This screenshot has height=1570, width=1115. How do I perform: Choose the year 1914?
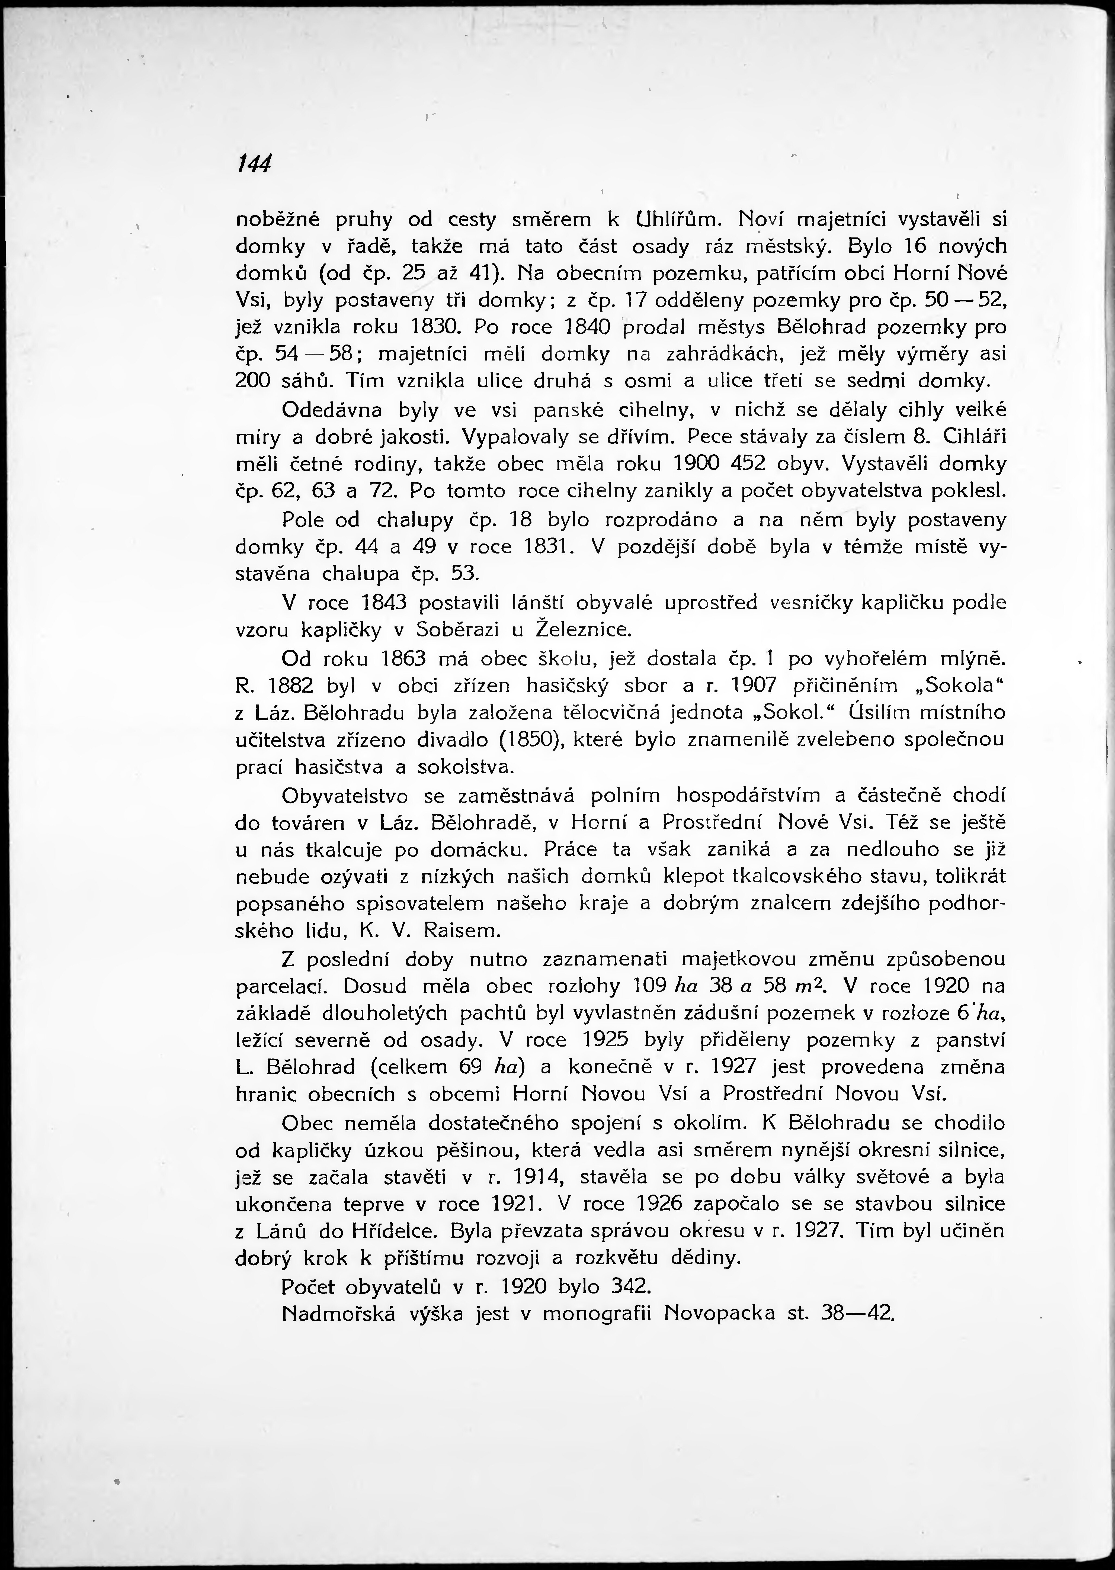point(532,1177)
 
